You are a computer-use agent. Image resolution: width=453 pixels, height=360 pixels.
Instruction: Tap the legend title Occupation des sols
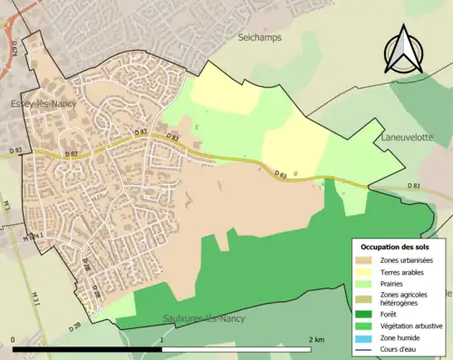click(x=397, y=247)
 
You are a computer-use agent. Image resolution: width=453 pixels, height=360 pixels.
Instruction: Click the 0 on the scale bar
click(x=14, y=340)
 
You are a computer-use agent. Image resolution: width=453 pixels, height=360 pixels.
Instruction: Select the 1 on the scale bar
click(x=161, y=340)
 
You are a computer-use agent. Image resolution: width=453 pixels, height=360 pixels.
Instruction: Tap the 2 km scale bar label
click(x=316, y=340)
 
